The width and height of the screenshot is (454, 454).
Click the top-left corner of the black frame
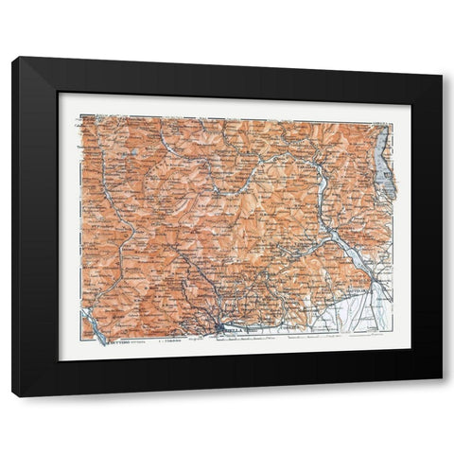pos(13,59)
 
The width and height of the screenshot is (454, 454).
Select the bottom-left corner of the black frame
pos(13,394)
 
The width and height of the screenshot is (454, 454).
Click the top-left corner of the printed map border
pos(80,115)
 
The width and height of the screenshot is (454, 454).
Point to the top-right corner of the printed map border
pos(393,122)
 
